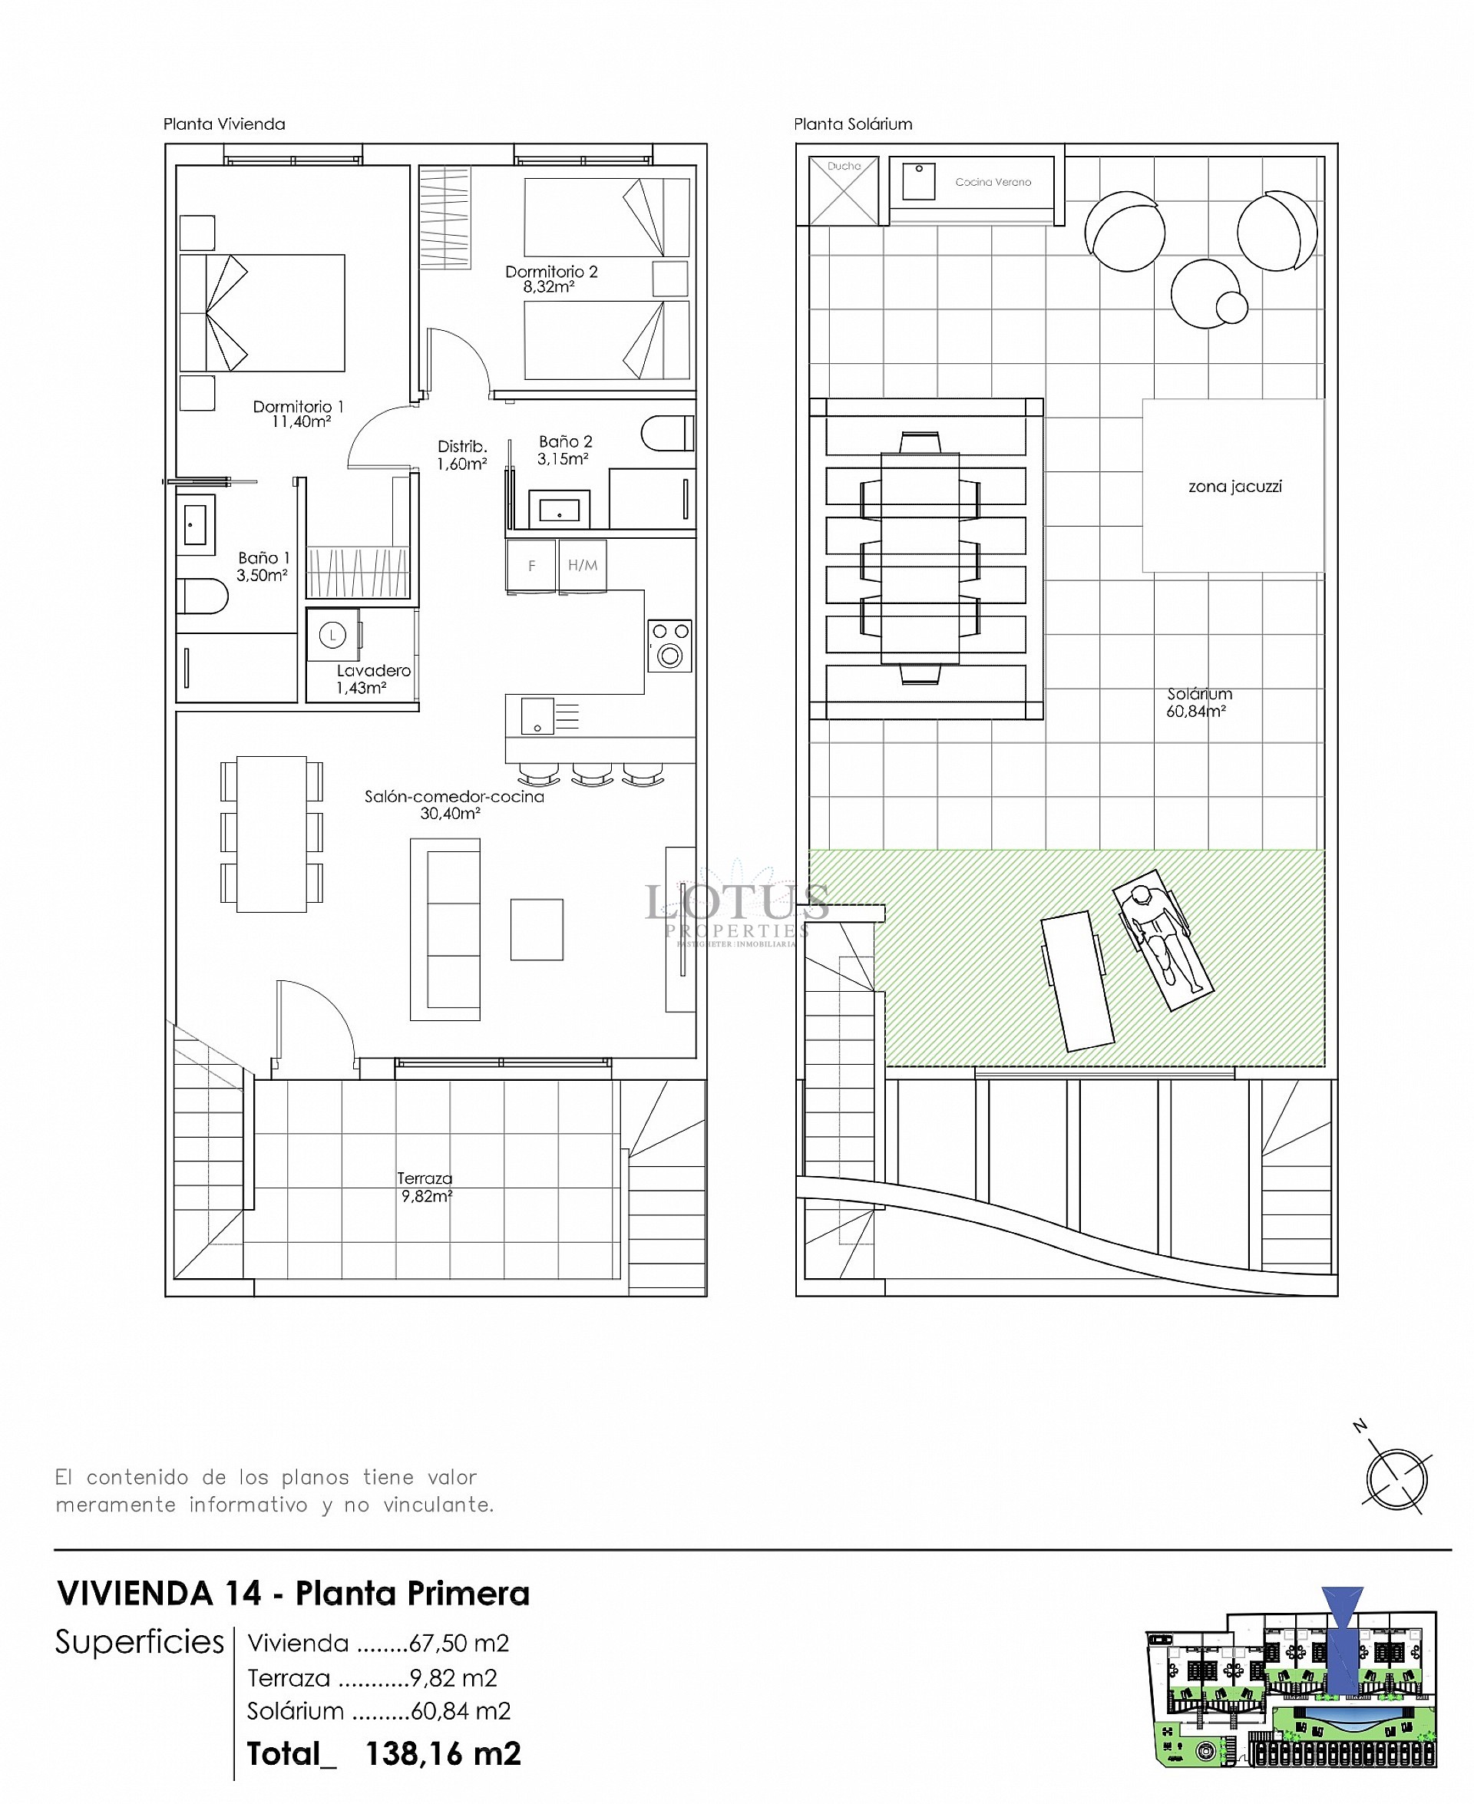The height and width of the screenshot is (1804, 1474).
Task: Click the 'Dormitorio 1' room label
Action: [x=298, y=407]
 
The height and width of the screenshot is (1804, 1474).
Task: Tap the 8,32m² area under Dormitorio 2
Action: [x=548, y=287]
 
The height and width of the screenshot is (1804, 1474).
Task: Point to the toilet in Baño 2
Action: [x=666, y=434]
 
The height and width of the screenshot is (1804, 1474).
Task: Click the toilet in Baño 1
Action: [x=202, y=596]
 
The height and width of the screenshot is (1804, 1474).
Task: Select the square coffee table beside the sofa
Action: [x=537, y=930]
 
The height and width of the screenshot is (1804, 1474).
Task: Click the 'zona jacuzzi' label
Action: [x=1234, y=487]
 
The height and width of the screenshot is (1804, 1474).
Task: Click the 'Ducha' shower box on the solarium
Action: [x=843, y=191]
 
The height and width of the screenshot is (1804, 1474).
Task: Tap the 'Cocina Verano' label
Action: [x=993, y=182]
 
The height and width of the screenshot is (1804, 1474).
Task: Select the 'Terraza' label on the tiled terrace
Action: [x=425, y=1178]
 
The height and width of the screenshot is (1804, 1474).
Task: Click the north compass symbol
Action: [x=1396, y=1479]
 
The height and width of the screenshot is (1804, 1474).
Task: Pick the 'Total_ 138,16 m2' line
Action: [x=384, y=1754]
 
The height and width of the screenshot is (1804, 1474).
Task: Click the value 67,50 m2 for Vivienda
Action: [x=458, y=1644]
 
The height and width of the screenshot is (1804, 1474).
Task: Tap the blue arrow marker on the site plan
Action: [x=1343, y=1638]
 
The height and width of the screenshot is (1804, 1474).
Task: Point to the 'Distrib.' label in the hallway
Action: [x=462, y=447]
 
